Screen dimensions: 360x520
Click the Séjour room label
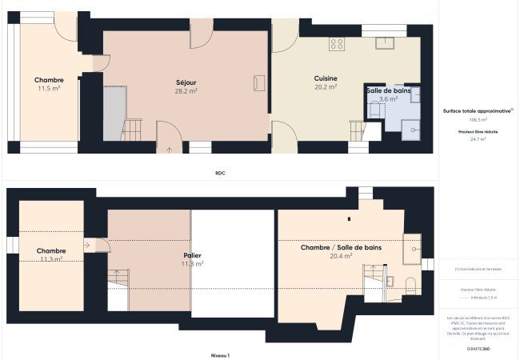[186, 82]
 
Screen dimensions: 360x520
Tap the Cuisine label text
[325, 78]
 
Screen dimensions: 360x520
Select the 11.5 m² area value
[49, 88]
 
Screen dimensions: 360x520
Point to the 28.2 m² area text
[186, 91]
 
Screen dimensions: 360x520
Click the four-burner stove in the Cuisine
[337, 44]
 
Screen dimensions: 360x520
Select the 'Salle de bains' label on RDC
[389, 91]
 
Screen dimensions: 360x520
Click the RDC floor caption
[220, 173]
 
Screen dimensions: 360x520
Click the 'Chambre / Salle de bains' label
[341, 248]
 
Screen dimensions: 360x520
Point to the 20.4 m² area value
[341, 257]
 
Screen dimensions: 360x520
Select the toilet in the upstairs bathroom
[409, 283]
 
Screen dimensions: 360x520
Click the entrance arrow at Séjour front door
[170, 148]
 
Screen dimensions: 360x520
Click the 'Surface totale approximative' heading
[477, 111]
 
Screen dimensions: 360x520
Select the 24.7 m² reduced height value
[478, 138]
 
